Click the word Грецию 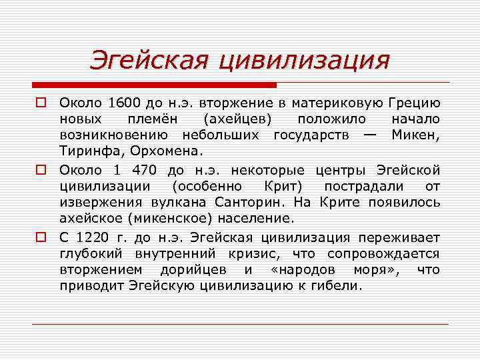click(413, 103)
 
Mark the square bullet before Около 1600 click(41, 103)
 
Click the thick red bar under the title click(154, 85)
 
